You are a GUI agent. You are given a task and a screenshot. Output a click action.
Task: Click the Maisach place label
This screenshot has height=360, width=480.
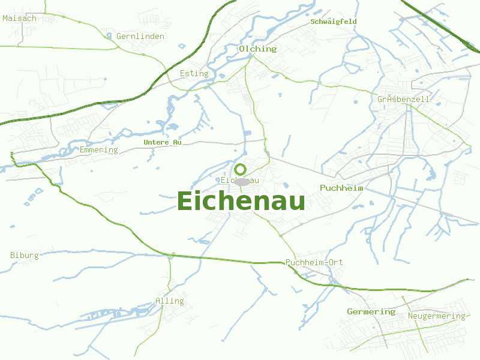click(19, 18)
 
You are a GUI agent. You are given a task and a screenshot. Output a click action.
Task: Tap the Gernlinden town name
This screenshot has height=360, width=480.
click(140, 36)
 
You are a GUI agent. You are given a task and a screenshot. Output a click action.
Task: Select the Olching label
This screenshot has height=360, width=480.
click(257, 49)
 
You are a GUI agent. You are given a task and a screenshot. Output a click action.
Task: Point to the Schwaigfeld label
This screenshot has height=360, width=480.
click(334, 22)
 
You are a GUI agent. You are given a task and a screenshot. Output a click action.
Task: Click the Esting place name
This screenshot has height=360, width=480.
click(194, 73)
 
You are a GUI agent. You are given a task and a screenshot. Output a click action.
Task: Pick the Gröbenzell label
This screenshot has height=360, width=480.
click(403, 98)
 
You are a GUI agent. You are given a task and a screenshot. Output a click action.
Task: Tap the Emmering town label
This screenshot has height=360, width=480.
click(99, 149)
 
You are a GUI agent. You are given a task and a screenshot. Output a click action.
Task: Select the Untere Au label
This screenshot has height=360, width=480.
click(163, 142)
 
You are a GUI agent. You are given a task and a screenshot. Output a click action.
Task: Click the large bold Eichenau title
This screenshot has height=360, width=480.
click(241, 201)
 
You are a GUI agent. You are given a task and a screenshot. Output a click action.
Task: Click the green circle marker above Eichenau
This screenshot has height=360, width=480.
click(241, 169)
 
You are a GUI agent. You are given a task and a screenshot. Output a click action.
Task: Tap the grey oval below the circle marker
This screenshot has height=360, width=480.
click(242, 181)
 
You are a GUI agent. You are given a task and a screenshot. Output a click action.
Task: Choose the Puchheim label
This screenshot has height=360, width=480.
click(341, 188)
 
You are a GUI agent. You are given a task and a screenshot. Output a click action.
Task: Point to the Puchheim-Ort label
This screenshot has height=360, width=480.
click(314, 263)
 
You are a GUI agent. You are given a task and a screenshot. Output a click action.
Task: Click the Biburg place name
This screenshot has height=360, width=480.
click(25, 255)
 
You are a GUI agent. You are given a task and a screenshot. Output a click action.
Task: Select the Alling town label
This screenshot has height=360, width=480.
click(170, 301)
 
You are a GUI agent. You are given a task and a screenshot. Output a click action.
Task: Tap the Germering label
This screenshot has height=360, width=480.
click(371, 311)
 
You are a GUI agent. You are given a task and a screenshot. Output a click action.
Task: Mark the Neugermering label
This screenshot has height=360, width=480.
click(436, 316)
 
